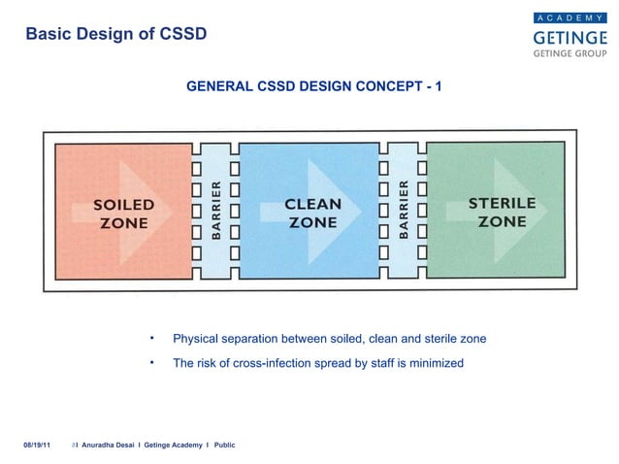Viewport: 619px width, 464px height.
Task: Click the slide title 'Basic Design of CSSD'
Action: point(115,34)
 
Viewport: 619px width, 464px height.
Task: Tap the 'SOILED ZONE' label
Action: point(123,214)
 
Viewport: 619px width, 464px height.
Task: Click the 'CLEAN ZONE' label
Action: point(312,213)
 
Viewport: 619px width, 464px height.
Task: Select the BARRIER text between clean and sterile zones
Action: point(403,208)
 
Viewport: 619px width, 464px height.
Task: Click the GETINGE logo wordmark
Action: point(570,37)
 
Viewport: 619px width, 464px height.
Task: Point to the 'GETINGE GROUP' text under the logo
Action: point(570,54)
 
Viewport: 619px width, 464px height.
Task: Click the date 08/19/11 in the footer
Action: point(37,445)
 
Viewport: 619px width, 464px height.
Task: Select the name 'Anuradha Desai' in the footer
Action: point(110,445)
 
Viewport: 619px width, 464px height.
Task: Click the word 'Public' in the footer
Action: point(224,445)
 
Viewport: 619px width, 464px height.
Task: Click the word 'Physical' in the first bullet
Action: point(194,339)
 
